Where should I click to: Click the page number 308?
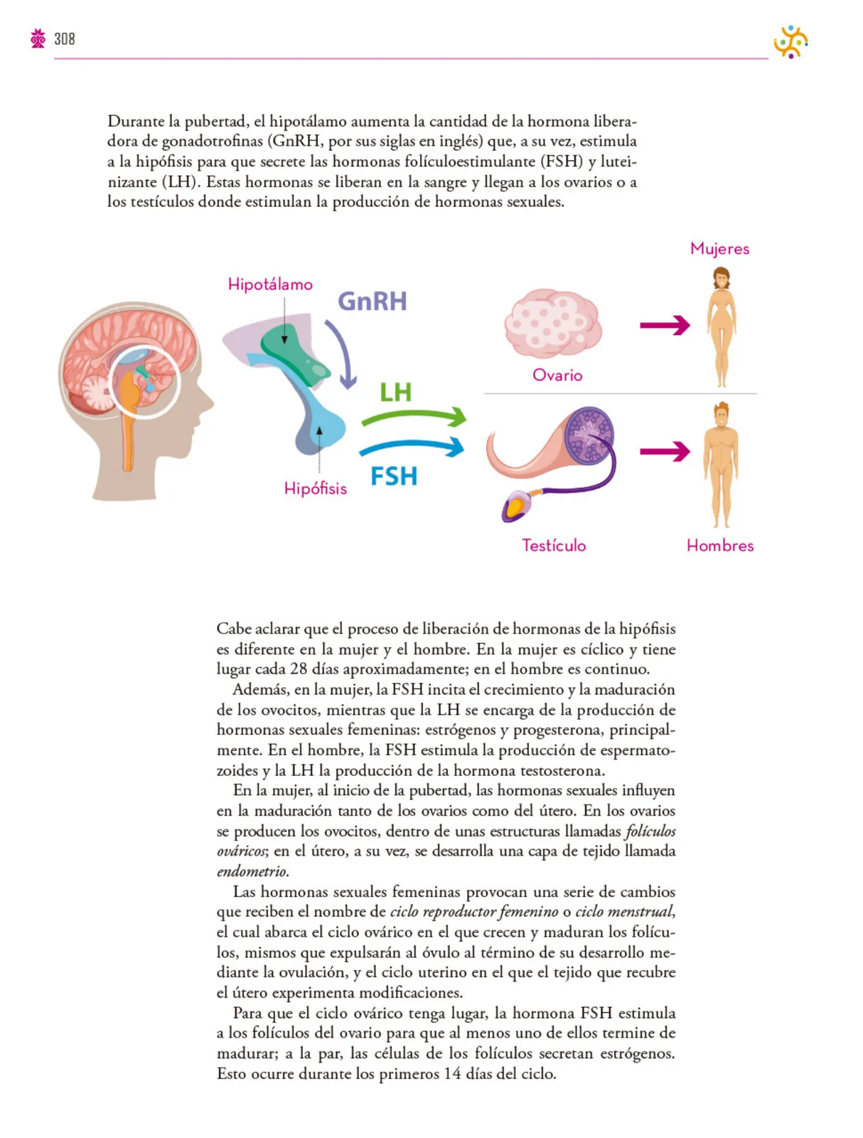pyautogui.click(x=64, y=39)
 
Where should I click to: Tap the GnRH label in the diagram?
pyautogui.click(x=372, y=302)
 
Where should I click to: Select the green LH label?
pyautogui.click(x=395, y=392)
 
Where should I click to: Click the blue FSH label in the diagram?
pyautogui.click(x=394, y=476)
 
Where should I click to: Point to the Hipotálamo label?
pyautogui.click(x=270, y=284)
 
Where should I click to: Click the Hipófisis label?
pyautogui.click(x=315, y=488)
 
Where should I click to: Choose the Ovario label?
pyautogui.click(x=557, y=375)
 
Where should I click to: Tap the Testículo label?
pyautogui.click(x=554, y=545)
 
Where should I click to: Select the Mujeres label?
pyautogui.click(x=719, y=249)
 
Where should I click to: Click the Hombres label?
pyautogui.click(x=720, y=545)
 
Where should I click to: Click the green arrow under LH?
pyautogui.click(x=413, y=415)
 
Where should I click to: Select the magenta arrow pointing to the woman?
pyautogui.click(x=665, y=326)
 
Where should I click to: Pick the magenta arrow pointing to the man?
pyautogui.click(x=665, y=451)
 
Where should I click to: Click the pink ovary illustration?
pyautogui.click(x=553, y=324)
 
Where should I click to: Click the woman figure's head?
pyautogui.click(x=721, y=279)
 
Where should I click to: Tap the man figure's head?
pyautogui.click(x=721, y=415)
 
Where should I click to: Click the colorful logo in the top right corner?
pyautogui.click(x=790, y=41)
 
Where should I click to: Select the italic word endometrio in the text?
pyautogui.click(x=252, y=871)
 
